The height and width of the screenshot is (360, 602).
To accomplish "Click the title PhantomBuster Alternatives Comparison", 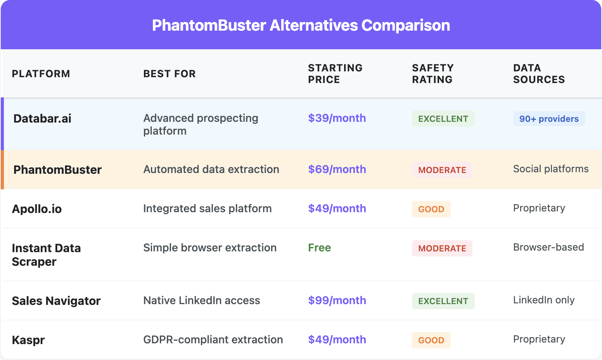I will tap(301, 26).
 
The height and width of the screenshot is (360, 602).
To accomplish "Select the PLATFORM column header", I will tap(41, 74).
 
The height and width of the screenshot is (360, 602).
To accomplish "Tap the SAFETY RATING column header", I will tap(432, 74).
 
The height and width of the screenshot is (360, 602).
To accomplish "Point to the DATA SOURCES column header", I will tap(539, 74).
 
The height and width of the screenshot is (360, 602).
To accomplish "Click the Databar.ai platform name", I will tap(42, 119).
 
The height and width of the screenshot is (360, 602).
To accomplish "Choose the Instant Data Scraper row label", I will tap(46, 255).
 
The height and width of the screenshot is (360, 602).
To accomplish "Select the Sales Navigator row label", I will tap(56, 301).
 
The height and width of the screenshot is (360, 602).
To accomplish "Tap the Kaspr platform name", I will tap(28, 340).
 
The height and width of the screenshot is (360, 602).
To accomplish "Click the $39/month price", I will tap(337, 118).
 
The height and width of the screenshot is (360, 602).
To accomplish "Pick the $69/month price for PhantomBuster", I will tap(337, 170).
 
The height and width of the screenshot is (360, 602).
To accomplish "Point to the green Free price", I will tap(319, 248).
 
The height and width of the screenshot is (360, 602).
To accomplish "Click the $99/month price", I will tap(337, 301).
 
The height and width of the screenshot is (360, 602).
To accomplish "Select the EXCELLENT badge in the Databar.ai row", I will tap(443, 119).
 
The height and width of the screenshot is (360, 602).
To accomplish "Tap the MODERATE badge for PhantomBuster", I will tap(442, 170).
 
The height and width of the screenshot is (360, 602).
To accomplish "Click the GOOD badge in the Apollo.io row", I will tap(431, 209).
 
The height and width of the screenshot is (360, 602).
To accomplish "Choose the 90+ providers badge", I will tap(549, 119).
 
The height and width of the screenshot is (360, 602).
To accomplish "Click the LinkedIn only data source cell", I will tap(543, 300).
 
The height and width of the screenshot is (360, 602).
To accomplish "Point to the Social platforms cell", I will tap(550, 169).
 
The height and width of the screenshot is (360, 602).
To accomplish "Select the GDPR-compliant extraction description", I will tap(213, 340).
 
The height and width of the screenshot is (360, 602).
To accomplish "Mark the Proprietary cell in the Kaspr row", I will tap(539, 339).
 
